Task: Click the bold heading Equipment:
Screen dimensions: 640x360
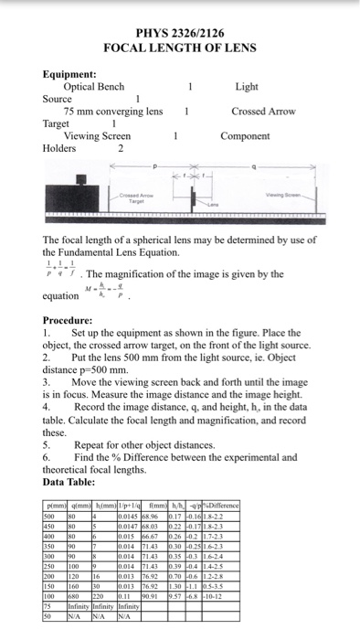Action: (70, 73)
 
